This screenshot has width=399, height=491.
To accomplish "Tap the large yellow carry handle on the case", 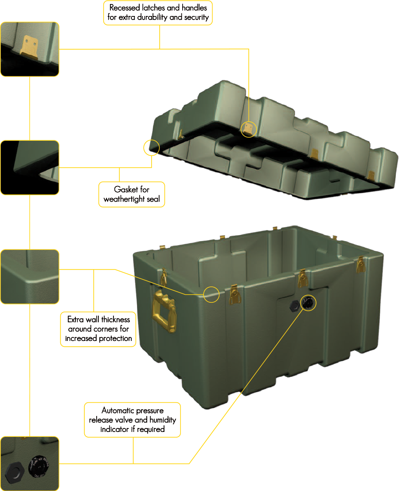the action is [164, 310].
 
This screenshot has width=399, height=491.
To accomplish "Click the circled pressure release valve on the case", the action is [307, 303].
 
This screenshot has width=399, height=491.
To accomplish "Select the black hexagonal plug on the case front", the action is [294, 306].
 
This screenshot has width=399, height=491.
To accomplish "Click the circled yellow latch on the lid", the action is [248, 129].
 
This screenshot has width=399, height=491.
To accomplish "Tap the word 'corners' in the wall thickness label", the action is [106, 329].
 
